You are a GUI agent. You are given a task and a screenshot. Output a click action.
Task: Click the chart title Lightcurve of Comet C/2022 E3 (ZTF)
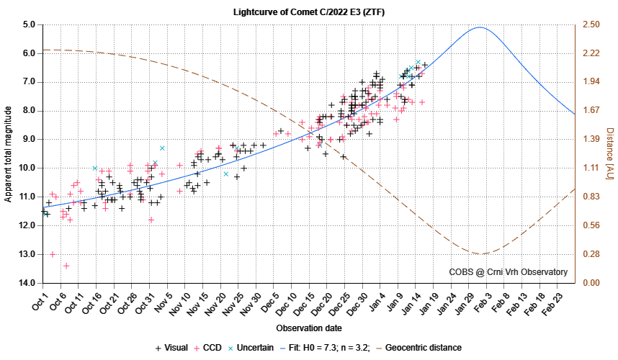[x=308, y=12]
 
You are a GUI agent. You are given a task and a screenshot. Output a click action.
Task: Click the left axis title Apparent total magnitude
[x=9, y=153]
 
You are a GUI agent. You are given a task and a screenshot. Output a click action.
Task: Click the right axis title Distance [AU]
[x=609, y=153]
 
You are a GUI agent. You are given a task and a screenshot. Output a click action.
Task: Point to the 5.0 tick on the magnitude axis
[x=30, y=24]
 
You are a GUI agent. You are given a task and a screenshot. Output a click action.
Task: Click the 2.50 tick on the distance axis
[x=591, y=24]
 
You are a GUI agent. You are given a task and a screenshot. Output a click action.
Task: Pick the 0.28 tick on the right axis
[x=591, y=254]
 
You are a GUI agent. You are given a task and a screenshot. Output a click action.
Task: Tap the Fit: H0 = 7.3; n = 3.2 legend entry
[x=328, y=348]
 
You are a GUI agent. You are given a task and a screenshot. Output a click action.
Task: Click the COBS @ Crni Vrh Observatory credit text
[x=508, y=271]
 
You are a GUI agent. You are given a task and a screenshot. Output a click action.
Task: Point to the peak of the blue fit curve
[x=479, y=27]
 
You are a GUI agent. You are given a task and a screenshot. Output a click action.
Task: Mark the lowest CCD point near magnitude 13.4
[x=66, y=266]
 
